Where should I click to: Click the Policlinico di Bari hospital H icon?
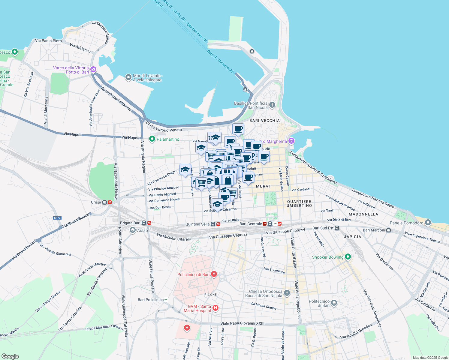pyautogui.click(x=214, y=274)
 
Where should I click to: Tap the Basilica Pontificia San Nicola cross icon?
pyautogui.click(x=272, y=105)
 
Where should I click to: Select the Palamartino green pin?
pyautogui.click(x=152, y=139)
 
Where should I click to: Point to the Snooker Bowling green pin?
pyautogui.click(x=348, y=257)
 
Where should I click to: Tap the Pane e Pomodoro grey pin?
pyautogui.click(x=428, y=223)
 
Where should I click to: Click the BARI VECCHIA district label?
pyautogui.click(x=264, y=121)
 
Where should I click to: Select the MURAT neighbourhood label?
pyautogui.click(x=264, y=186)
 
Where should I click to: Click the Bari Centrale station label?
pyautogui.click(x=251, y=224)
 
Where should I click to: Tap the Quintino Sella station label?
pyautogui.click(x=197, y=224)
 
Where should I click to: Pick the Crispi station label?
pyautogui.click(x=96, y=202)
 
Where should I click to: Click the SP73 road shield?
pyautogui.click(x=57, y=218)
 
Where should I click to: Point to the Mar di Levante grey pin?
pyautogui.click(x=128, y=77)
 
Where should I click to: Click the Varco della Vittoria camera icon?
pyautogui.click(x=93, y=70)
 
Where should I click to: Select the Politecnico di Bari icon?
pyautogui.click(x=334, y=303)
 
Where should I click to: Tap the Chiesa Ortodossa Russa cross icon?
pyautogui.click(x=287, y=293)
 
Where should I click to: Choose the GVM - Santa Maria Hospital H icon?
pyautogui.click(x=215, y=308)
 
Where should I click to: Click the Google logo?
pyautogui.click(x=10, y=356)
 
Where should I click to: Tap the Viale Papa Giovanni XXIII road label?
pyautogui.click(x=243, y=323)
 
